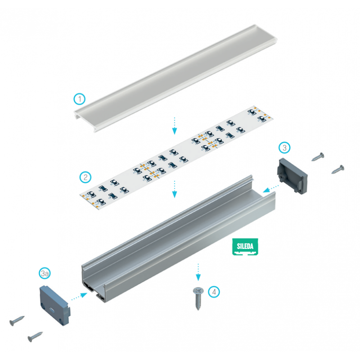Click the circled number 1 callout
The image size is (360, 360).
(x=79, y=99)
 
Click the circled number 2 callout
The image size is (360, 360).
(x=84, y=177)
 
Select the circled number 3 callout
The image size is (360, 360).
(x=284, y=147)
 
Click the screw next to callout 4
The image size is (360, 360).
(x=198, y=297)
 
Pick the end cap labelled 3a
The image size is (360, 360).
(x=54, y=300)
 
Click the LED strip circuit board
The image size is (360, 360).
(x=175, y=155)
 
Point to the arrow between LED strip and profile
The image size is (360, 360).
(x=175, y=189)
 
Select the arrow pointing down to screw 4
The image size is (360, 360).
(x=197, y=271)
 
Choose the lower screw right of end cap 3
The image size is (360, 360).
(x=337, y=170)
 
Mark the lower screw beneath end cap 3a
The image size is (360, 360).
(x=35, y=336)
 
